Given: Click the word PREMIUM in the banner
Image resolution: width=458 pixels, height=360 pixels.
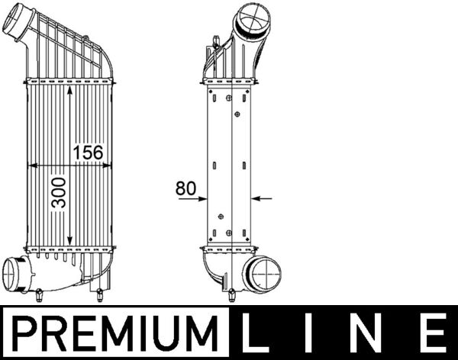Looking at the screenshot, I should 115,333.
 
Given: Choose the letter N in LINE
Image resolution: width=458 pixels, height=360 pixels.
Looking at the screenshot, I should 372,334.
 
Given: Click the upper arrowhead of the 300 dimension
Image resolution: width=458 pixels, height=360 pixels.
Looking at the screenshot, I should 71,89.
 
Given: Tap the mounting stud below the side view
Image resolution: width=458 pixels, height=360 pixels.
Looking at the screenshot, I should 231,294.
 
